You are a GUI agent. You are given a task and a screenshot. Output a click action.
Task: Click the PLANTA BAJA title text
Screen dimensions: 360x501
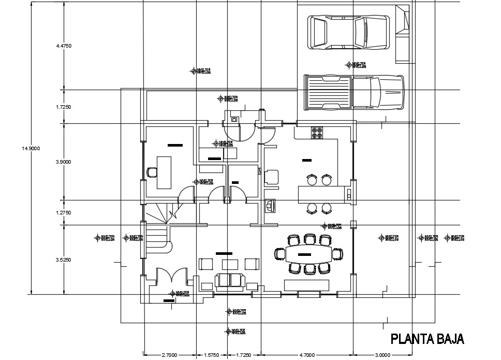click(427, 339)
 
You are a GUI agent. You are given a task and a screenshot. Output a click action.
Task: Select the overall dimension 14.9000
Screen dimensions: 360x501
click(31, 149)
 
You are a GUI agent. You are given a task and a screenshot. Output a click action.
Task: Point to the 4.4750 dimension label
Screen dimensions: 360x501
click(64, 46)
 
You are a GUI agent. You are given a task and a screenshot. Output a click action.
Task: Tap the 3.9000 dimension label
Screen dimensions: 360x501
click(64, 162)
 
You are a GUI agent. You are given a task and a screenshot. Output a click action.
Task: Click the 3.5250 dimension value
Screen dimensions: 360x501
click(64, 260)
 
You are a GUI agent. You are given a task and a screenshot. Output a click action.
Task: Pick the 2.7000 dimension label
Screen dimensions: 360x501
click(170, 355)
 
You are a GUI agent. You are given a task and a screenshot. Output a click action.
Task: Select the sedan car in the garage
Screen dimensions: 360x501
click(348, 33)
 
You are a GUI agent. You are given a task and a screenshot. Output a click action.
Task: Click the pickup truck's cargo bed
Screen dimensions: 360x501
click(328, 92)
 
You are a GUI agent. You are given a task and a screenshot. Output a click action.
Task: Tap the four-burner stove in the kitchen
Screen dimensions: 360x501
click(316, 133)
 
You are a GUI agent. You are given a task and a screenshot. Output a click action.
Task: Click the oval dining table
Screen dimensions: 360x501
click(310, 253)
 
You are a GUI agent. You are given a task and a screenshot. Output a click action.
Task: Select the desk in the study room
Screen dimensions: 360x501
click(165, 172)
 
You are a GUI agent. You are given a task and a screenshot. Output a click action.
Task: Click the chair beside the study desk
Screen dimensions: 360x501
click(152, 172)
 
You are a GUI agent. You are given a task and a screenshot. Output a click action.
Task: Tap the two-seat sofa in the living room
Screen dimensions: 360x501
click(230, 280)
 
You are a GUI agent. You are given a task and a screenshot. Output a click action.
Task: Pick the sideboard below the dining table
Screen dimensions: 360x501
click(306, 285)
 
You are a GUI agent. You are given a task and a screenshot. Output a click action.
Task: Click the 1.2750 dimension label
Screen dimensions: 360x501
click(64, 213)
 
